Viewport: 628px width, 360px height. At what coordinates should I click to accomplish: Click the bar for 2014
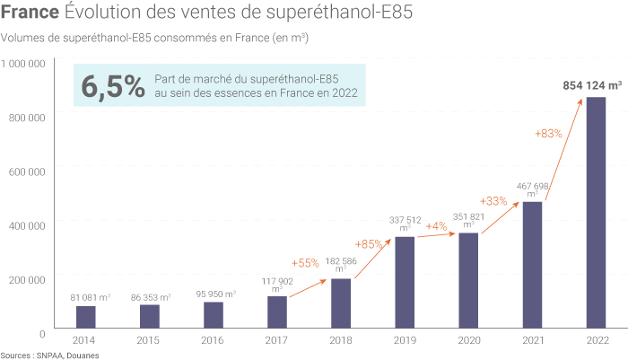tap(86, 318)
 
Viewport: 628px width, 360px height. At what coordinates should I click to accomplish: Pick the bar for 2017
tap(277, 312)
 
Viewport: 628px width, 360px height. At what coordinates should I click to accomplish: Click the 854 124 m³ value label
tap(593, 85)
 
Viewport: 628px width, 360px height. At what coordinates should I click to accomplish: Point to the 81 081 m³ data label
tap(90, 296)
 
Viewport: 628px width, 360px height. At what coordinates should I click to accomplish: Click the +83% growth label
tap(548, 134)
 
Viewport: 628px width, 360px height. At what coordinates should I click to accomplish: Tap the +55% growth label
tap(305, 263)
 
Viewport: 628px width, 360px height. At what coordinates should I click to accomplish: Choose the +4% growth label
tap(437, 225)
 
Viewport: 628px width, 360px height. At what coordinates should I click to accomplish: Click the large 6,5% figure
tap(113, 86)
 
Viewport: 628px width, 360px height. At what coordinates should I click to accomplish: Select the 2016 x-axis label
tap(214, 340)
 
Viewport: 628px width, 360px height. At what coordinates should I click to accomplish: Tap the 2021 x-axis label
tap(532, 340)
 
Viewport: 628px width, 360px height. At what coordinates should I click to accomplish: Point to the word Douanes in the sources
tap(81, 356)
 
